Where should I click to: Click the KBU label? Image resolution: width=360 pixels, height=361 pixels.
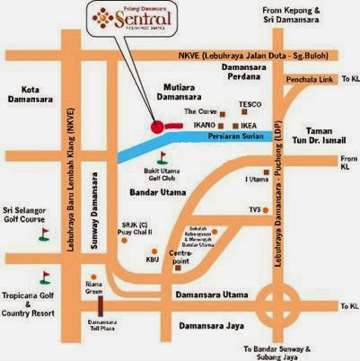click(x=152, y=260)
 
